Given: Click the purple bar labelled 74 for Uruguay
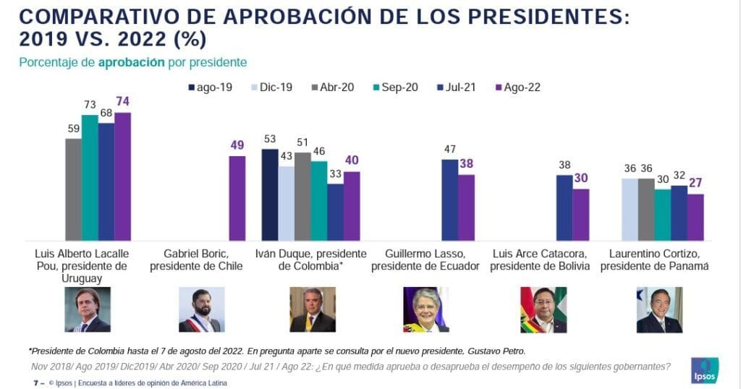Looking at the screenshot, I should (x=122, y=176).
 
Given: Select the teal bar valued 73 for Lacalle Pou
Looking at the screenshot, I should (x=90, y=178).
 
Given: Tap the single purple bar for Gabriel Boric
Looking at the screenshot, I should (x=237, y=198).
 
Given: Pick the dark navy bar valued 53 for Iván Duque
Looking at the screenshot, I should (x=269, y=194).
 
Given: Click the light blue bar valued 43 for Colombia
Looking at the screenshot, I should (x=286, y=203).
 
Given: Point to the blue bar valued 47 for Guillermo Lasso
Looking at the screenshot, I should (x=449, y=200).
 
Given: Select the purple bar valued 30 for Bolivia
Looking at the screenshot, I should (x=580, y=215).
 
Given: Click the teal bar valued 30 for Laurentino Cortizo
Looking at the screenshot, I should (x=662, y=215).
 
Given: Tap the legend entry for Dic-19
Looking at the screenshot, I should (x=271, y=87).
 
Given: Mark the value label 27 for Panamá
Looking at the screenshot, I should (x=695, y=184).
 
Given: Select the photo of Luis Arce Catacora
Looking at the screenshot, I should (x=543, y=309).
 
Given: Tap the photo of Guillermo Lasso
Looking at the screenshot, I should (x=425, y=309).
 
